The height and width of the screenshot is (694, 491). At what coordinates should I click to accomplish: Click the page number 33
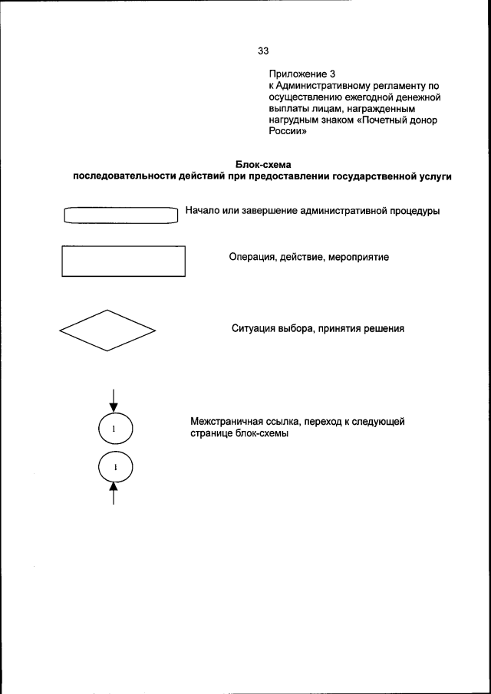263,51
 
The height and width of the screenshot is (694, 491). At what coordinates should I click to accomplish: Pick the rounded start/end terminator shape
121,214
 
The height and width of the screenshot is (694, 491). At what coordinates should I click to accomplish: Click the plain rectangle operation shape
123,261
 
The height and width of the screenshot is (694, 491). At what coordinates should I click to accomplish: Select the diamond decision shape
107,331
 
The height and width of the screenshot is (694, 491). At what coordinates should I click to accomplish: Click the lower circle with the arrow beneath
114,466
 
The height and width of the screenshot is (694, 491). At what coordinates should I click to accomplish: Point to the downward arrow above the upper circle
114,399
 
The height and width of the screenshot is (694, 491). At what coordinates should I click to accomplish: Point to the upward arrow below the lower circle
114,495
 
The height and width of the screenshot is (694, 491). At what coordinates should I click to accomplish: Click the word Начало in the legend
204,211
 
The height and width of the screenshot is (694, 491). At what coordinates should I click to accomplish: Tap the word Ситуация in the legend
255,329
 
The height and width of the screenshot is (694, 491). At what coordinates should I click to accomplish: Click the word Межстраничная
228,423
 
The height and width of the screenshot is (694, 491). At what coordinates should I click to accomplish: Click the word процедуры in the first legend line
413,211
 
